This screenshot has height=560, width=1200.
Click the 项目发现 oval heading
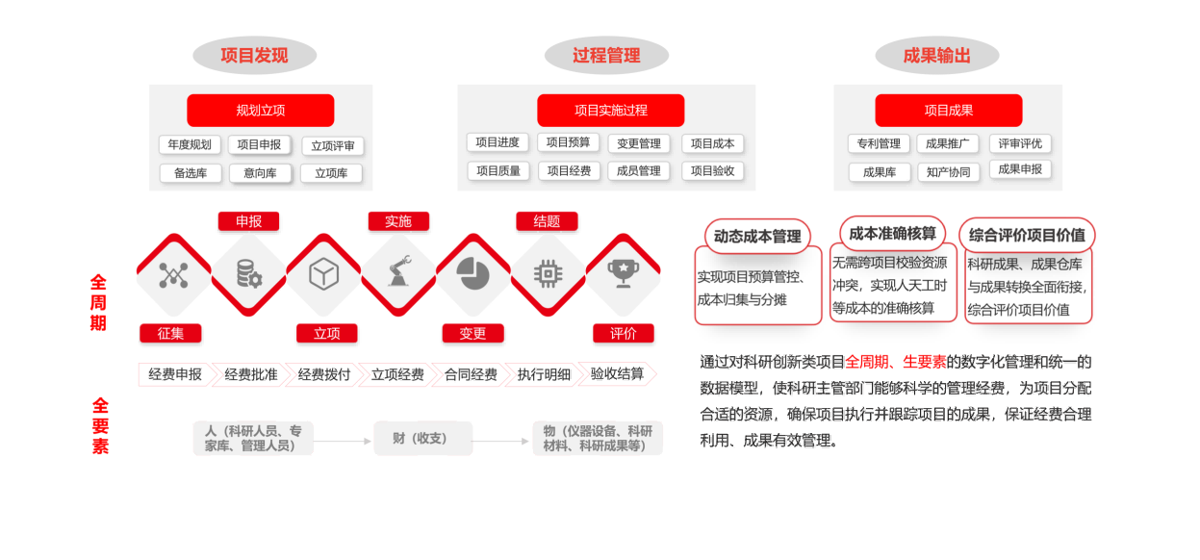point(254,55)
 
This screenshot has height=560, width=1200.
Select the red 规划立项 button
point(261,111)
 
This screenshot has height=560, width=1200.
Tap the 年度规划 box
point(190,144)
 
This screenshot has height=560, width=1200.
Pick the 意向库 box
point(261,173)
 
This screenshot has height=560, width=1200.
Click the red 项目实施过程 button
point(611,111)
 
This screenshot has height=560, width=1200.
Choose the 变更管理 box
point(639,143)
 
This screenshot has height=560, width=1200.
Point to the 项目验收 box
point(712,171)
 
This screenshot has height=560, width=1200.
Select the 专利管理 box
point(879,143)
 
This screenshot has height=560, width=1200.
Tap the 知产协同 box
point(948,172)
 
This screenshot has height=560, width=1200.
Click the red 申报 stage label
point(248,221)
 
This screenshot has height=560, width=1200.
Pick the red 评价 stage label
point(623,333)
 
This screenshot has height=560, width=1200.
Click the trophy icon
point(623,273)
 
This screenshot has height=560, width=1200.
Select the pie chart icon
point(473,273)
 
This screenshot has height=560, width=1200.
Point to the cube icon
point(323,274)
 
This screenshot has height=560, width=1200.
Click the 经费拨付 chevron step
point(323,374)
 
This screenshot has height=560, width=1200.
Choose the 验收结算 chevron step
point(617,373)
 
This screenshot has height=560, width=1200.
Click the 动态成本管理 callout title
point(757,237)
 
